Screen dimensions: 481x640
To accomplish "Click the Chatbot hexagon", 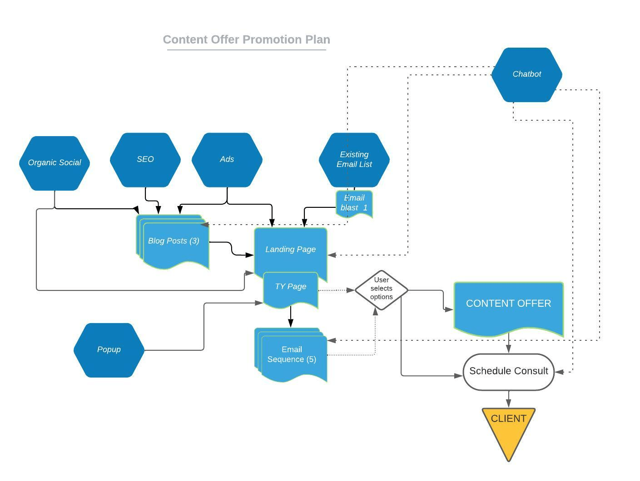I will click(x=526, y=74).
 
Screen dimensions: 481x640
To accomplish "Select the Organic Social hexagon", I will click(x=55, y=163).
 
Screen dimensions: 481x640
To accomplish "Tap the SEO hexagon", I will click(x=145, y=160).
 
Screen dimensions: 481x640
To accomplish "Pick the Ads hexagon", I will click(x=227, y=160).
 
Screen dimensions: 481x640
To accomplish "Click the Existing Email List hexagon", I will click(x=354, y=160).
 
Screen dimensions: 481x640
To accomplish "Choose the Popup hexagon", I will click(x=109, y=350).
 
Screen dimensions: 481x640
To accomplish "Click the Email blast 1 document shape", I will click(x=354, y=203).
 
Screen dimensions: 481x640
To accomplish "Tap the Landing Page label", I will click(x=291, y=249).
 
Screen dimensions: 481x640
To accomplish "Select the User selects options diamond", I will click(x=382, y=290).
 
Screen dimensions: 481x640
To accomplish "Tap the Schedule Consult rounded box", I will click(x=509, y=372).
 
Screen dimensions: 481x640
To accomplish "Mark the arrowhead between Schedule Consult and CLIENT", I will click(x=509, y=403).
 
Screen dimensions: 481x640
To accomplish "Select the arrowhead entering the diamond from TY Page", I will click(x=351, y=290).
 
